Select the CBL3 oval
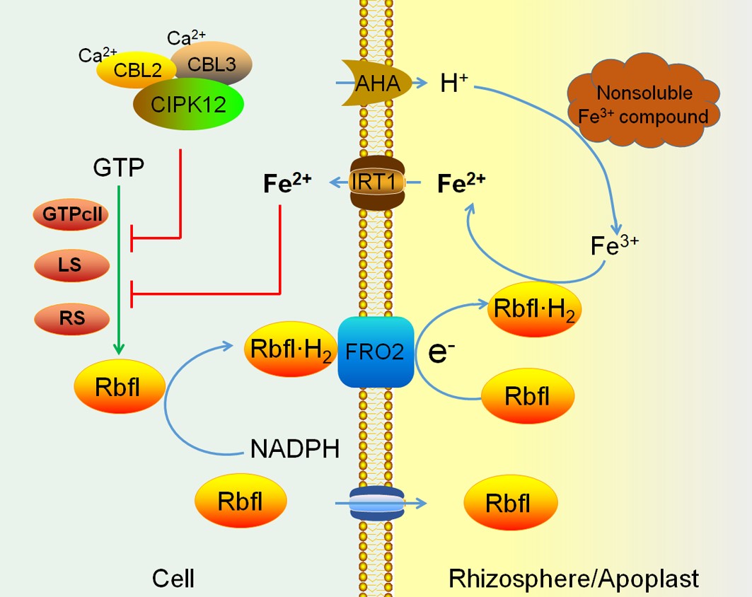(212, 62)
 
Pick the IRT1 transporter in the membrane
(377, 182)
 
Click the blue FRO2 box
(376, 352)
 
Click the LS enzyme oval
(71, 266)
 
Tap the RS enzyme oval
(71, 318)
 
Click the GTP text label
(119, 168)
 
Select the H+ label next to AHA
(452, 84)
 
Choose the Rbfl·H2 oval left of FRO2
(288, 348)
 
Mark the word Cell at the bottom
(173, 579)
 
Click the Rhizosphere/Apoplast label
(574, 579)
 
